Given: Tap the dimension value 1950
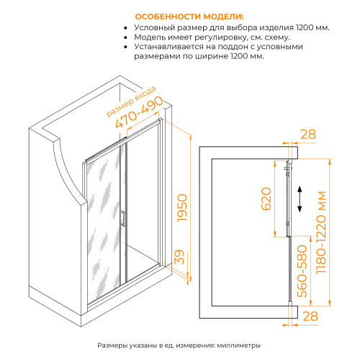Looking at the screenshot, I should [x=183, y=207].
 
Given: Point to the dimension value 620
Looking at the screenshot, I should [x=266, y=198].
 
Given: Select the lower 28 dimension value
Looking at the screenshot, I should [x=308, y=316].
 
